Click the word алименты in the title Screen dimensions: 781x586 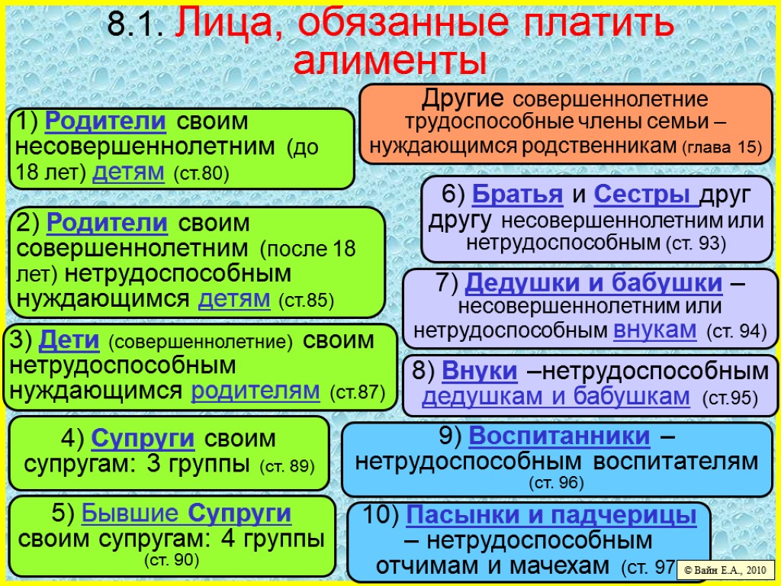(390, 60)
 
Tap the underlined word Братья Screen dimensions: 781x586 (518, 195)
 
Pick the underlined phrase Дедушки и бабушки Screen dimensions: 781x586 (593, 283)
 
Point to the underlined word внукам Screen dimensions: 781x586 (654, 330)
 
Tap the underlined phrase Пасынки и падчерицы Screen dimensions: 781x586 (551, 516)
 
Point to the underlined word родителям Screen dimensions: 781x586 (256, 391)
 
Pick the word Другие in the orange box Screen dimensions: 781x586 (463, 98)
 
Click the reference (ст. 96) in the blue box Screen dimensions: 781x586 (556, 482)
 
